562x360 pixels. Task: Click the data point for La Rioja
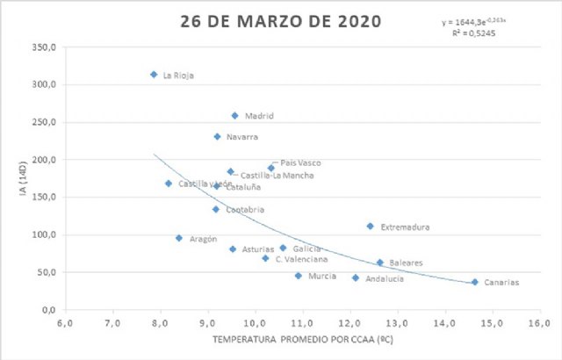coord(154,75)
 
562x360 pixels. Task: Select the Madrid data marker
coord(234,115)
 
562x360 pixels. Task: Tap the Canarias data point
coord(475,282)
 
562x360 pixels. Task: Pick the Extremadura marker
coord(370,226)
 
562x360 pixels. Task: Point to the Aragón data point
coord(178,238)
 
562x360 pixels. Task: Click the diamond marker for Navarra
coord(217,136)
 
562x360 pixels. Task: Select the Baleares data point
coord(379,263)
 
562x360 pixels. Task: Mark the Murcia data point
coord(298,276)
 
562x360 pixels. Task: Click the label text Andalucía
coord(385,278)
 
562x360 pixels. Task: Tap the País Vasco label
coord(300,162)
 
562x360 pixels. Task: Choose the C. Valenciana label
coord(301,259)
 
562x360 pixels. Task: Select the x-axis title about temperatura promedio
coord(304,339)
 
